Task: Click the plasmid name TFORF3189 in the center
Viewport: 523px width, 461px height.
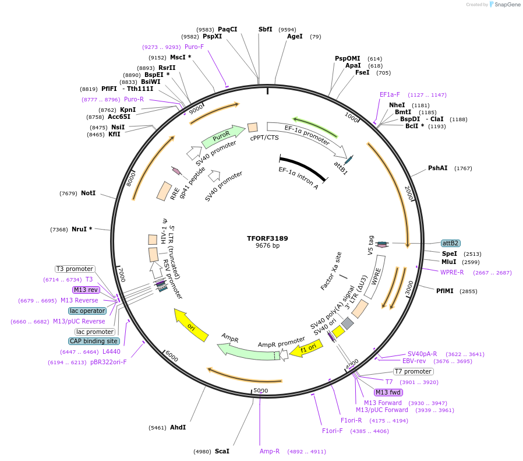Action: click(267, 238)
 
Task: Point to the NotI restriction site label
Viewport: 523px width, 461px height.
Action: click(88, 193)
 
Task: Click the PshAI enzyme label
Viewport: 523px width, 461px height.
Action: click(438, 168)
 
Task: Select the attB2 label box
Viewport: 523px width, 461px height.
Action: click(451, 243)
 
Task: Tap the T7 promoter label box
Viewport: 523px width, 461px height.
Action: click(413, 371)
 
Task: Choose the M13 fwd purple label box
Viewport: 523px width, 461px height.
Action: click(388, 392)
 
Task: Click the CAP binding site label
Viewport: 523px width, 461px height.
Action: click(94, 341)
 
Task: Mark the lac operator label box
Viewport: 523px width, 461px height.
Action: click(87, 311)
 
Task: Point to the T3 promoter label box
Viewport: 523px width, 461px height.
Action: click(75, 269)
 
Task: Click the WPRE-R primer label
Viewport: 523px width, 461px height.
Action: click(452, 272)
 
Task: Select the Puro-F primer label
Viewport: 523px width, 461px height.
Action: click(194, 47)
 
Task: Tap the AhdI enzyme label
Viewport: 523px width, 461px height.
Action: click(178, 427)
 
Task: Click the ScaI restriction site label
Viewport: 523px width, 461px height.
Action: click(222, 451)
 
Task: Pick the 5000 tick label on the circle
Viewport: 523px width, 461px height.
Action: click(260, 390)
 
